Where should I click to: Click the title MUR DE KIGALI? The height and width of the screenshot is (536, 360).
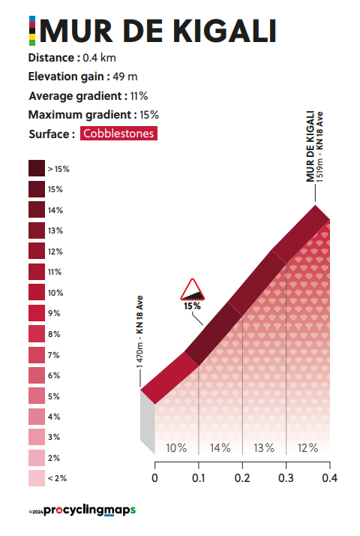coord(157,31)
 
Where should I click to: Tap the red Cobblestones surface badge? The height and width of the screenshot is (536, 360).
coord(118,134)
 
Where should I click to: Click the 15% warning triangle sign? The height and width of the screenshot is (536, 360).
coord(192,290)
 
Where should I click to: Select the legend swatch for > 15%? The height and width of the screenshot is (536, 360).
coord(37,168)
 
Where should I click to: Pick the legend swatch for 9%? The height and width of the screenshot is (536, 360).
coord(37,313)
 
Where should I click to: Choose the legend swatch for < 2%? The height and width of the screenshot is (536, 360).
coord(37,478)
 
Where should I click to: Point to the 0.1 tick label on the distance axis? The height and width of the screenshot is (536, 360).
coord(199,478)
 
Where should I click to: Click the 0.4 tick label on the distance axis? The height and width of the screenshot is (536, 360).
coord(329,478)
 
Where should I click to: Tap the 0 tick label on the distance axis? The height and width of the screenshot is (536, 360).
coord(154,478)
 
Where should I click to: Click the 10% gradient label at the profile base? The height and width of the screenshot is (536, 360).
coord(176,448)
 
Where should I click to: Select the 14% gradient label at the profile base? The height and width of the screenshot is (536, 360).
coord(220,448)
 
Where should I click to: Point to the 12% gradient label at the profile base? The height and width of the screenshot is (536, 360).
coord(307,448)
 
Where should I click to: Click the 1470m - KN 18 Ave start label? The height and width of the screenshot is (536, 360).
coord(139,332)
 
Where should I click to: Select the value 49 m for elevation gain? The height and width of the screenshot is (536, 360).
coord(125,77)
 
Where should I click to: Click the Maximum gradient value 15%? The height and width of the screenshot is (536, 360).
coord(149,115)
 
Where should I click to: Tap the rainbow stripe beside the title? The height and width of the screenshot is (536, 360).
coord(32,31)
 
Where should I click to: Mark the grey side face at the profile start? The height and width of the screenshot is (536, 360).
coord(148,423)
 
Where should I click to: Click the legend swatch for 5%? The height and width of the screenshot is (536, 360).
coord(37,396)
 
